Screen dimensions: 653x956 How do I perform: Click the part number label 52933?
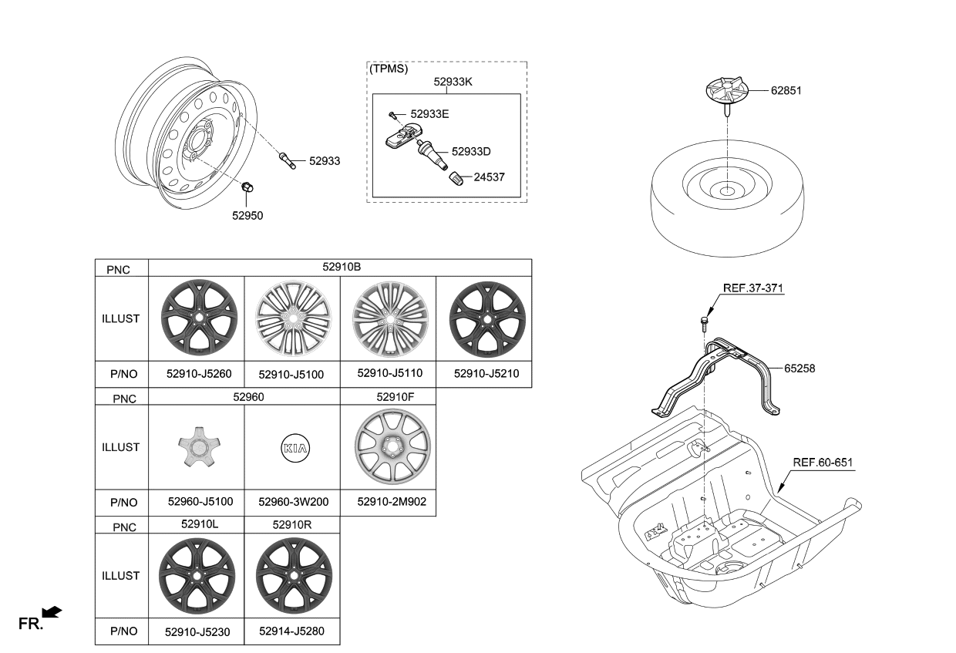pos(324,161)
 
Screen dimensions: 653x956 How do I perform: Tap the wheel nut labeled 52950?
pos(249,187)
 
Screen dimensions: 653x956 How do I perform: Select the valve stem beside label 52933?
pos(286,160)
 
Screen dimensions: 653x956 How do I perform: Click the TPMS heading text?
pos(389,68)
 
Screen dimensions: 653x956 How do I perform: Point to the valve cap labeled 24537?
pos(458,177)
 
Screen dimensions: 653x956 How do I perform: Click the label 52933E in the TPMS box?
pos(429,113)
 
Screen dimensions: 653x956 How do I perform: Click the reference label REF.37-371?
pos(753,288)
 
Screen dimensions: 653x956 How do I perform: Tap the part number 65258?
pos(799,369)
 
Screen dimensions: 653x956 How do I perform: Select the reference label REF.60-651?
pos(823,462)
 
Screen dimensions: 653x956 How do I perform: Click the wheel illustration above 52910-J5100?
pos(292,318)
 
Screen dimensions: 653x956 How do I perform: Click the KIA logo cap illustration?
pos(292,447)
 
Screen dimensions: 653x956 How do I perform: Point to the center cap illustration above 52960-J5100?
pos(196,447)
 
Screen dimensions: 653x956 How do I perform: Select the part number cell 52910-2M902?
pos(388,502)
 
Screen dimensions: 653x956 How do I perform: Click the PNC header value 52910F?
pos(388,396)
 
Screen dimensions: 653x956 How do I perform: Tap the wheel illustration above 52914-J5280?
pos(293,575)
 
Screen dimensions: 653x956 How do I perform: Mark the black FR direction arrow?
pos(51,612)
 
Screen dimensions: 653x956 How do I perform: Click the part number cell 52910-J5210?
pos(486,374)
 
